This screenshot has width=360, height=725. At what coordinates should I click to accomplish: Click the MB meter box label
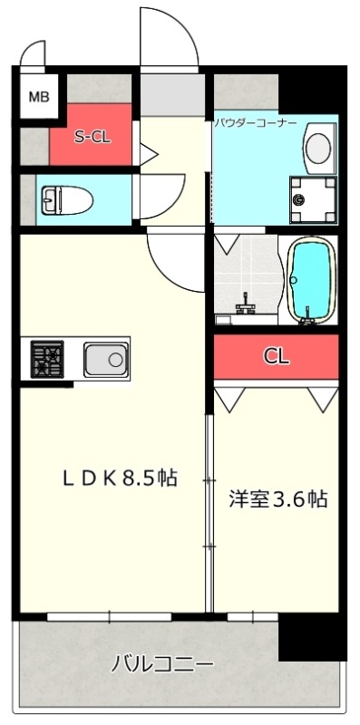[39, 97]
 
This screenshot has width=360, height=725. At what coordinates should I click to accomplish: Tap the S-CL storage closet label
[93, 138]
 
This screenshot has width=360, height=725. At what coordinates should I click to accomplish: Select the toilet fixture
[67, 200]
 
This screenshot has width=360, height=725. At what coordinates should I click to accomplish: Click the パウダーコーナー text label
[256, 124]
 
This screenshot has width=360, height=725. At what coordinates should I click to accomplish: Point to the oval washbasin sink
[318, 148]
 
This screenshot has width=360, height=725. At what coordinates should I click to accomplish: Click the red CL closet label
[277, 356]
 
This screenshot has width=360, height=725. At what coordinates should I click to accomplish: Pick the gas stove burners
[47, 359]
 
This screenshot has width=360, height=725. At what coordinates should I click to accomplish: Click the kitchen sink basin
[105, 359]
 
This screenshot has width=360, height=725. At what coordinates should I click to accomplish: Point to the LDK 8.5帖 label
[120, 478]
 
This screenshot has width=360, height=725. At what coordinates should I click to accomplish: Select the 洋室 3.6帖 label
[278, 499]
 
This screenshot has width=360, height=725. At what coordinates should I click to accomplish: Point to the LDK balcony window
[109, 617]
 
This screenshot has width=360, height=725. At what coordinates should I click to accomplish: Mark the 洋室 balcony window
[253, 617]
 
